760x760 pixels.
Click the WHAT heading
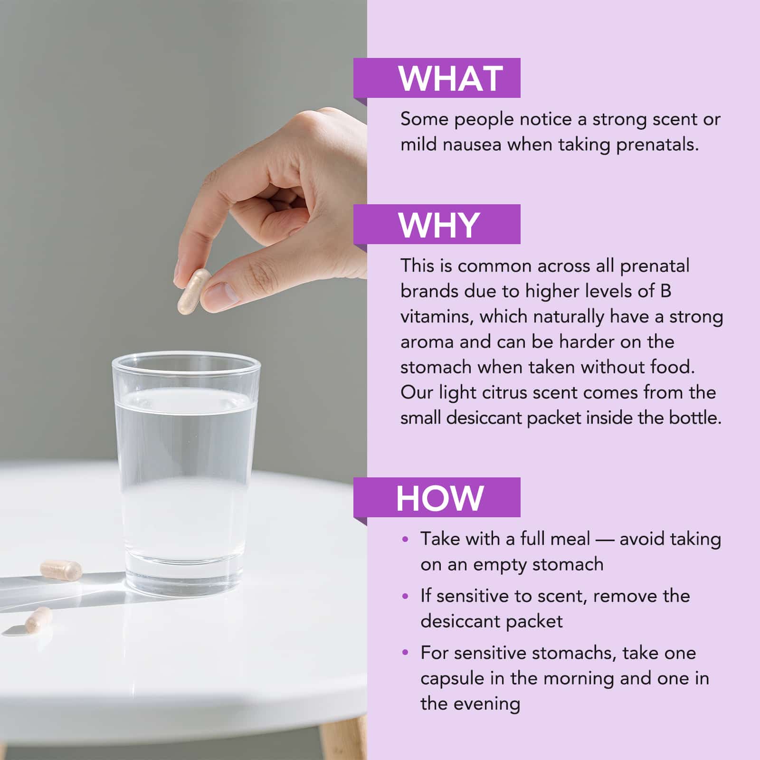click(x=450, y=78)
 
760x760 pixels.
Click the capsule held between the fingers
click(x=194, y=292)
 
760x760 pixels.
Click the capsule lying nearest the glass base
click(x=61, y=569)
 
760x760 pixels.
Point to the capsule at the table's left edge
click(x=38, y=618)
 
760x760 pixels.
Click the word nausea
click(x=472, y=144)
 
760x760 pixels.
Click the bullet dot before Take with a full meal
click(x=405, y=539)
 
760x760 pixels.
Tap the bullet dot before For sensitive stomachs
click(x=405, y=653)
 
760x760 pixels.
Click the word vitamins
click(x=437, y=317)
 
